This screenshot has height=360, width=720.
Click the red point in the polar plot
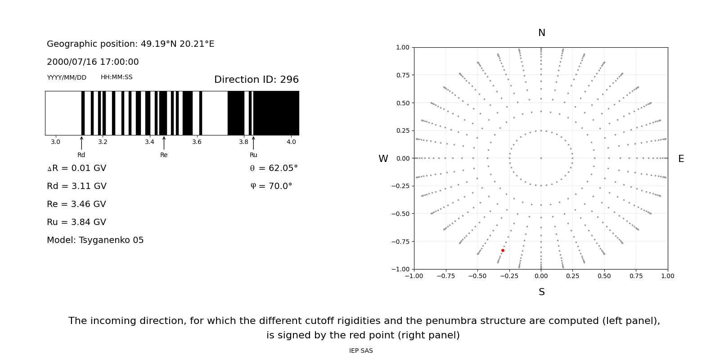[503, 250]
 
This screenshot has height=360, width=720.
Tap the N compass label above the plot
[541, 33]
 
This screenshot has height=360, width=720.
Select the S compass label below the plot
[541, 292]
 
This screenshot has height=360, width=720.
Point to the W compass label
[383, 159]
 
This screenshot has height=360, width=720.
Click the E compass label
[681, 159]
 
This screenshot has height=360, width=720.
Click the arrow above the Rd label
[81, 143]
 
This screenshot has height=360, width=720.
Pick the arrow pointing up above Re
[164, 143]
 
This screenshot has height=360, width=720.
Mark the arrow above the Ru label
[253, 143]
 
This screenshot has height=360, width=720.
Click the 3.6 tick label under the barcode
[197, 142]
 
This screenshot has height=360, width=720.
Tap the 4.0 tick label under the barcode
[291, 142]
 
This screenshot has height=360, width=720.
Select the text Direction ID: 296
[256, 80]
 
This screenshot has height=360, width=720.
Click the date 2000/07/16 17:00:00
[93, 62]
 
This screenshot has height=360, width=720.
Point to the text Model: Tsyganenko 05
[95, 240]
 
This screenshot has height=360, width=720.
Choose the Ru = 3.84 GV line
[76, 222]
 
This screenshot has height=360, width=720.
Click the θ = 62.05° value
[274, 168]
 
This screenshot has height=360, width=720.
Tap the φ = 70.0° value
[271, 186]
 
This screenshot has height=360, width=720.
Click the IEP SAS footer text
[360, 351]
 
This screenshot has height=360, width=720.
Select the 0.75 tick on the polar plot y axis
[402, 75]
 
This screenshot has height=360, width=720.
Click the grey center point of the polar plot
[541, 158]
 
